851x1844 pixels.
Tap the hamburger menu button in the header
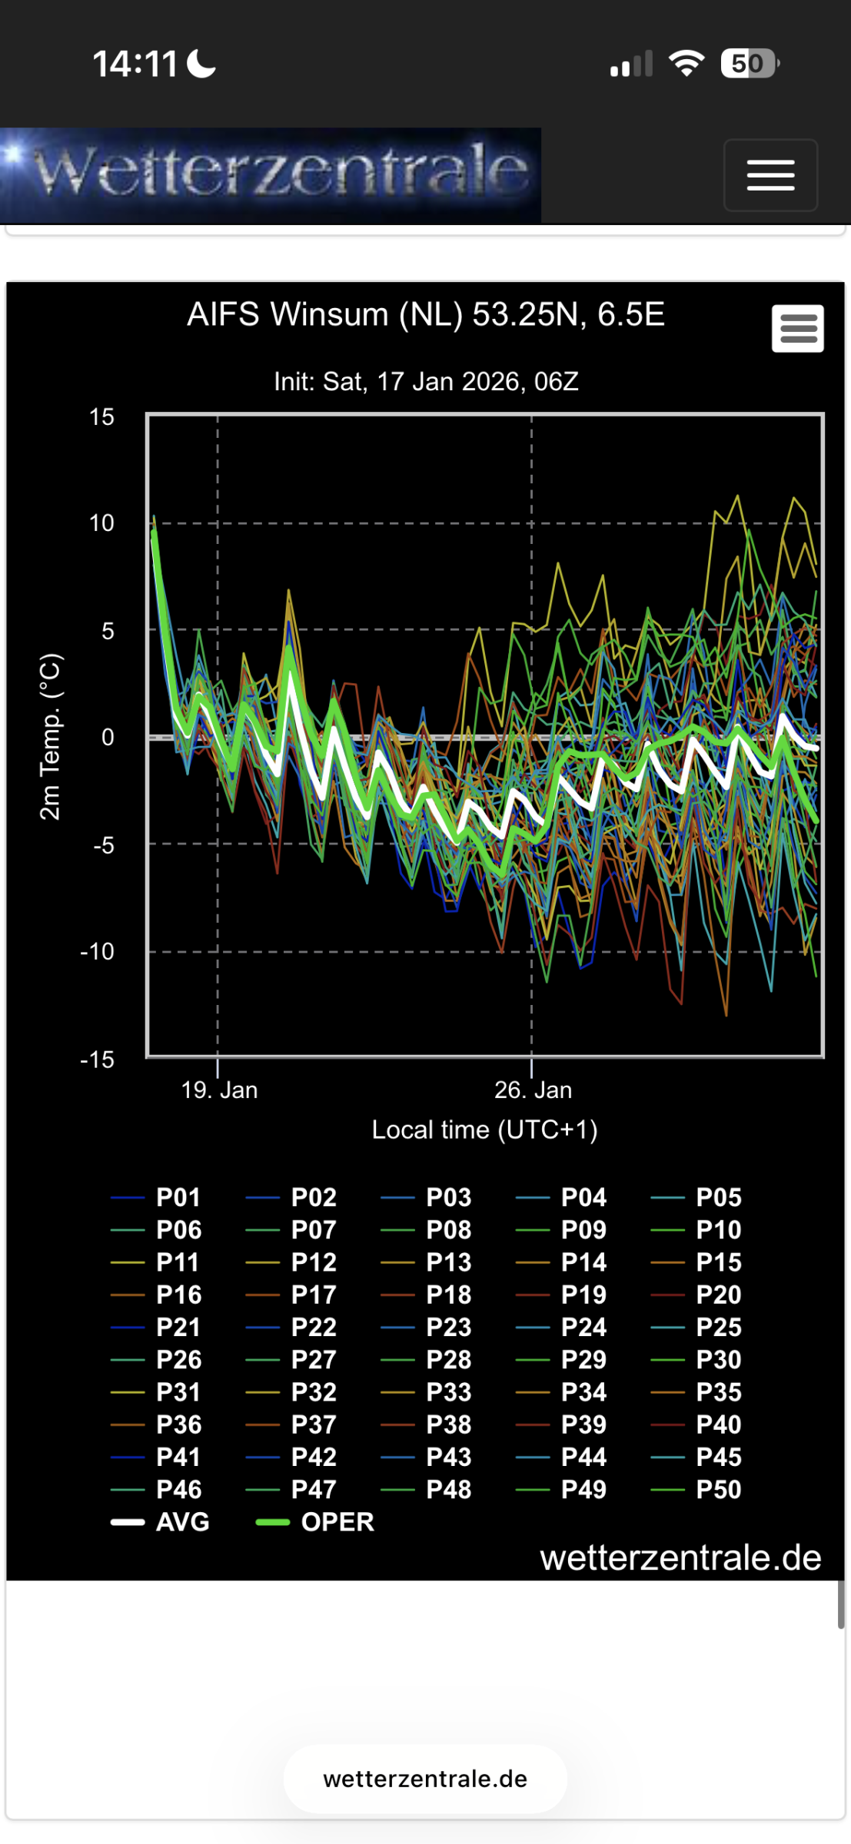coord(770,175)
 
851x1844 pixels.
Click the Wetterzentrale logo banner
coord(271,175)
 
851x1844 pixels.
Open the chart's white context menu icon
coord(798,329)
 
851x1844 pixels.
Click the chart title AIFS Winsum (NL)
coord(425,315)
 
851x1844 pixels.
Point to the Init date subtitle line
coord(426,381)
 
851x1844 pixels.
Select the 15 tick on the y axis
coord(101,417)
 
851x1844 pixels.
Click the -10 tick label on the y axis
coord(98,952)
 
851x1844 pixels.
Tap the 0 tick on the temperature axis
coord(108,738)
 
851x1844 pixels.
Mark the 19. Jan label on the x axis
coord(219,1089)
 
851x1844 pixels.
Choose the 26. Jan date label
coord(533,1089)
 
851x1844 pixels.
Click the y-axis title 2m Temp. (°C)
coord(49,737)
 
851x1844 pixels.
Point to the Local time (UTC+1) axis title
coord(484,1129)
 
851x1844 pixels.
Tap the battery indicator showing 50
coord(749,64)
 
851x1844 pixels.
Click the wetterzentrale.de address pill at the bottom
coord(425,1779)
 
